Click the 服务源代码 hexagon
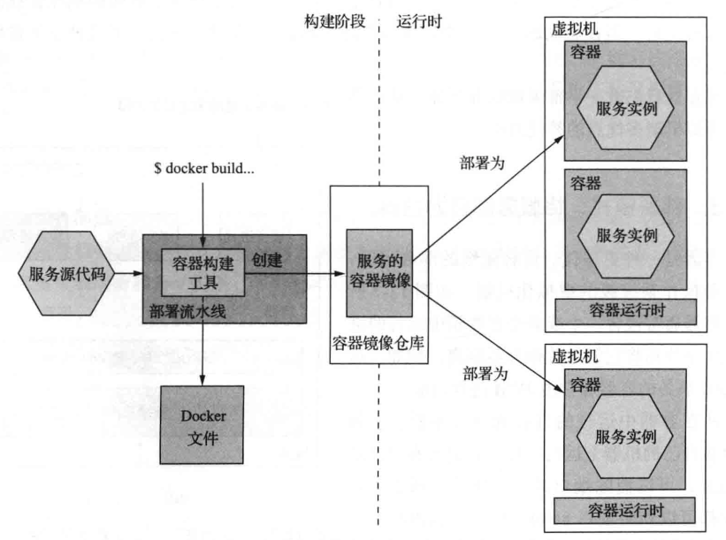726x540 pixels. [x=66, y=273]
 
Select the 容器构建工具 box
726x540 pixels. [x=203, y=272]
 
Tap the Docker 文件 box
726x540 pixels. [x=202, y=425]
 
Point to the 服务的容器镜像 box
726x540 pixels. [x=379, y=273]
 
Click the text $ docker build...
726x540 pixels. [x=204, y=169]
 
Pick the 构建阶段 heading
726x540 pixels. [x=335, y=21]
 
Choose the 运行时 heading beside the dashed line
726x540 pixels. [x=419, y=21]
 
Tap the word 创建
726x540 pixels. [x=267, y=260]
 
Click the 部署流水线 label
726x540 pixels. [x=187, y=311]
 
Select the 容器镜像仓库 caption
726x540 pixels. [x=378, y=343]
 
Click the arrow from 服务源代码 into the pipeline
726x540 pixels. [x=129, y=273]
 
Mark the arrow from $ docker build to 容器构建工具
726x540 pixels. [x=203, y=215]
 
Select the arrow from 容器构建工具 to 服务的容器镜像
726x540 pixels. [x=295, y=273]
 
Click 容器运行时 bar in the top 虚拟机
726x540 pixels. [x=626, y=311]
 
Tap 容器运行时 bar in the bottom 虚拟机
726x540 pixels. [x=624, y=510]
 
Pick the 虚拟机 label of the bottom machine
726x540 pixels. [x=574, y=356]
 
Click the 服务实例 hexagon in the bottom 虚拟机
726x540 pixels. [x=624, y=437]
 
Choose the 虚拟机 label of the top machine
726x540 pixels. [x=574, y=28]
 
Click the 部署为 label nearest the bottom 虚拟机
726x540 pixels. [x=485, y=374]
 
